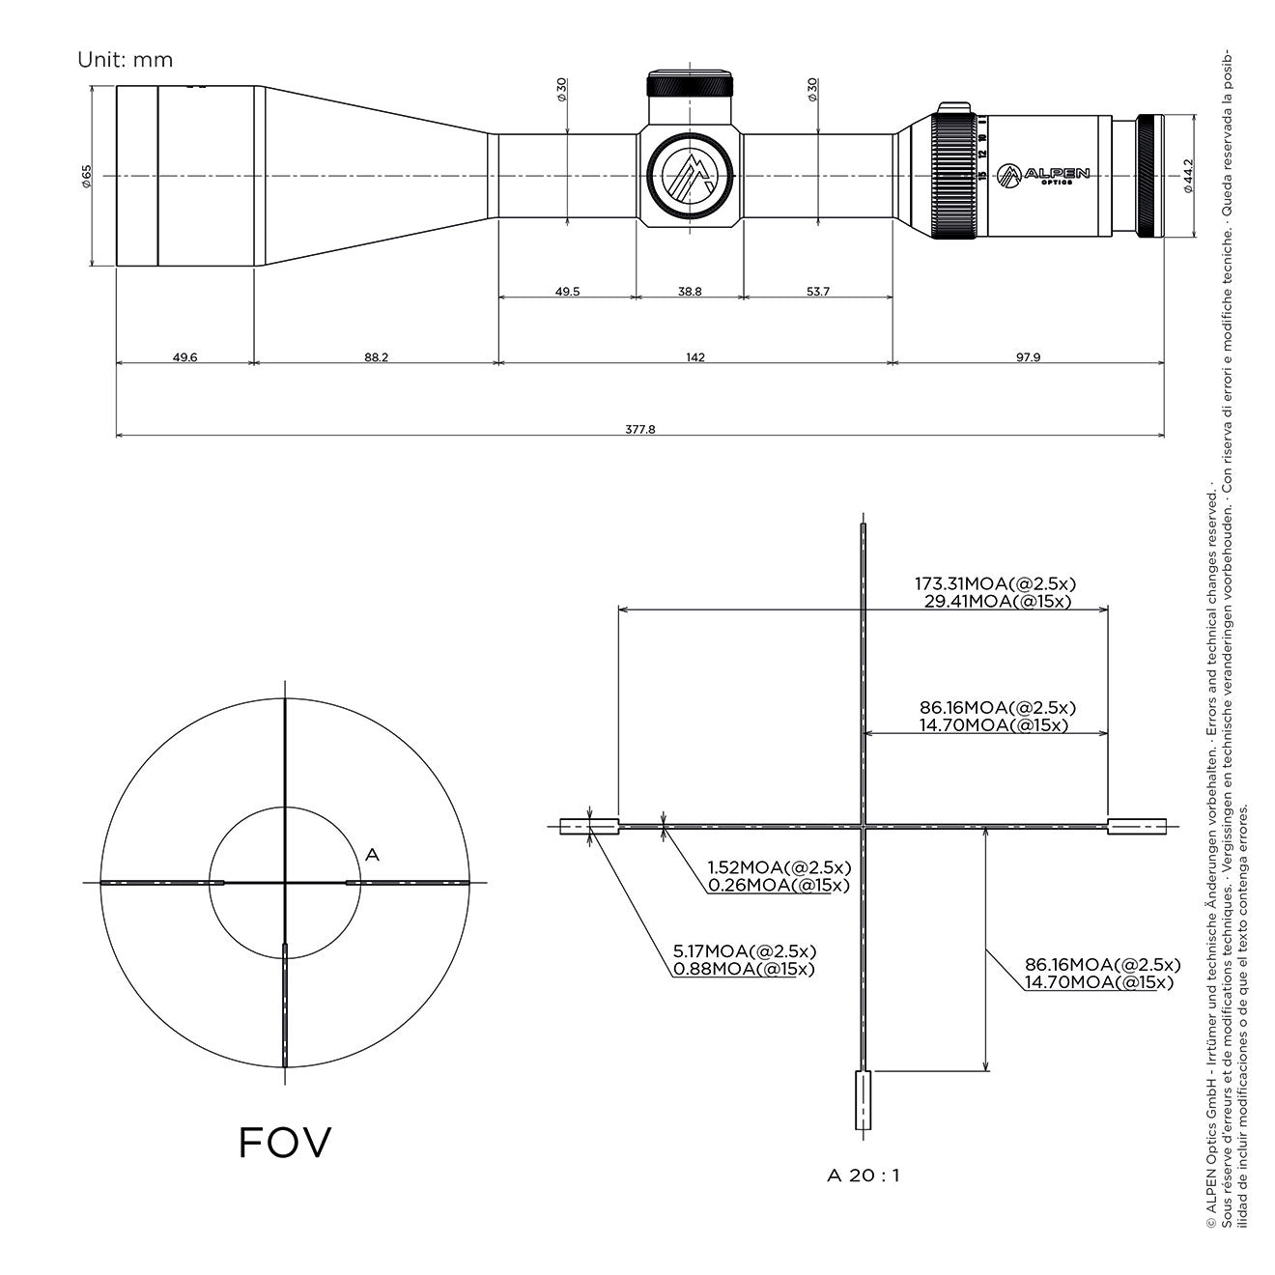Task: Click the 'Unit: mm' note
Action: [125, 60]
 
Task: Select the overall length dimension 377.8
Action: [639, 430]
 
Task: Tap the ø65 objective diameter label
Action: [87, 176]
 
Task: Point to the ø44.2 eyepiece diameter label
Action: [1188, 176]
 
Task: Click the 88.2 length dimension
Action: [376, 357]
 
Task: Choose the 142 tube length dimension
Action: [695, 357]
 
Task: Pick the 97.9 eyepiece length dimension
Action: [1028, 357]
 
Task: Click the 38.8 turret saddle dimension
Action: [690, 291]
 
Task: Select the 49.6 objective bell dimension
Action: [185, 357]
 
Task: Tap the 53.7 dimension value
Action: [818, 291]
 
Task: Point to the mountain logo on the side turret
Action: [690, 176]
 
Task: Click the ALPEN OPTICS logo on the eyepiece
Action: [1043, 176]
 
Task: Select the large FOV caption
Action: [285, 1143]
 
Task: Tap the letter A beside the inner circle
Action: [372, 856]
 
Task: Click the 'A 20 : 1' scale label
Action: [864, 1194]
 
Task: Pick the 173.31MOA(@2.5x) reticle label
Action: [995, 584]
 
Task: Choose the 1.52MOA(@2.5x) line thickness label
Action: [779, 867]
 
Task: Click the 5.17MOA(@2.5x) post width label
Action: [745, 951]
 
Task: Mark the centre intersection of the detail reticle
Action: [864, 827]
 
